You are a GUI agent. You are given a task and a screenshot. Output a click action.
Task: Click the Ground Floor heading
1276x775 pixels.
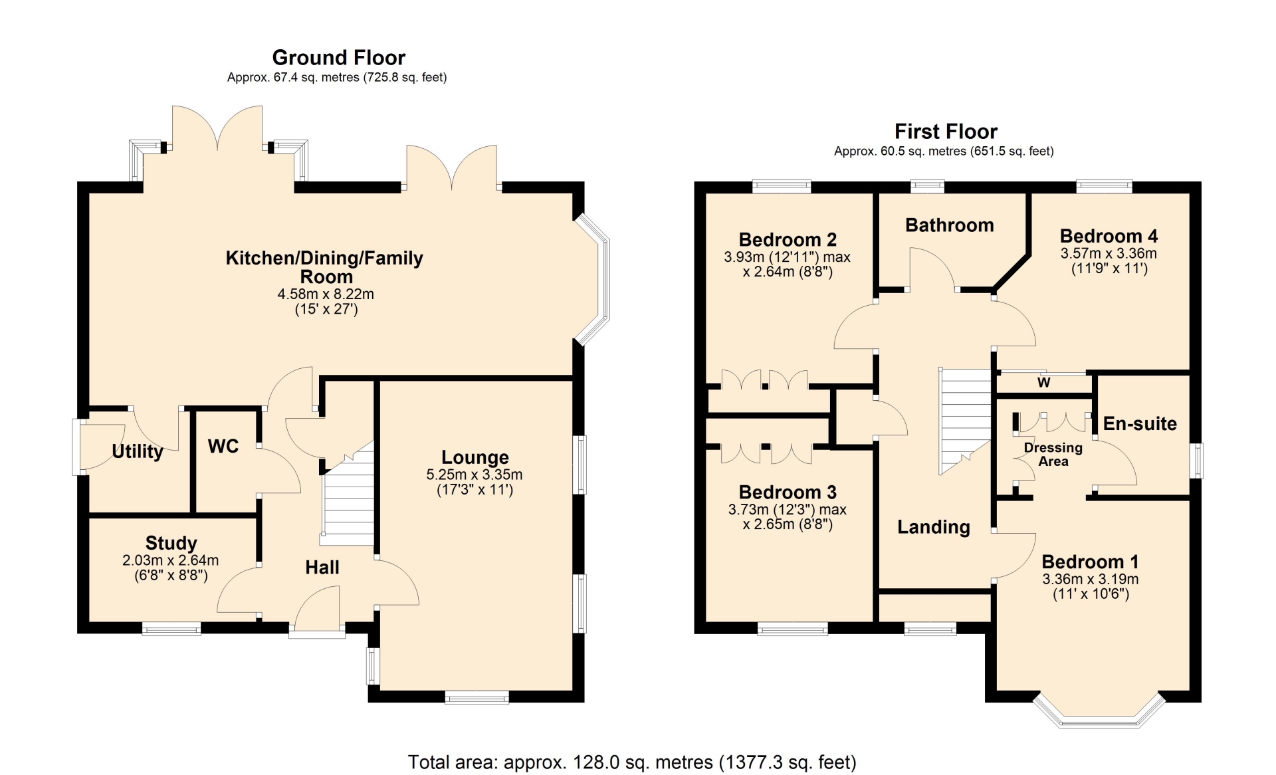(x=338, y=58)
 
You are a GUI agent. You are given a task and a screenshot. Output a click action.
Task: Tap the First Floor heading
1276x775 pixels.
(x=946, y=132)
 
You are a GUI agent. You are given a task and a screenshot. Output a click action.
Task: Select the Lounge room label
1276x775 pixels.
(x=475, y=457)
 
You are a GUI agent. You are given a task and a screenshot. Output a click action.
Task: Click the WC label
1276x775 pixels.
(x=223, y=446)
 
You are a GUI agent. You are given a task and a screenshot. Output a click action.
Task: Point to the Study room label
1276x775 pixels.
(x=171, y=543)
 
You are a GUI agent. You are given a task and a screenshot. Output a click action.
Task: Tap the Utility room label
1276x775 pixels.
(x=138, y=451)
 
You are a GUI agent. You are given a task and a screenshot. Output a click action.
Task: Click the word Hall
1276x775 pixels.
(x=322, y=567)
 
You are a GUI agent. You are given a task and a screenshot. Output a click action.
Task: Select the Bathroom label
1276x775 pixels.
(x=950, y=225)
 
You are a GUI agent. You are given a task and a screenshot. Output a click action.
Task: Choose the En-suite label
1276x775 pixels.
(x=1140, y=423)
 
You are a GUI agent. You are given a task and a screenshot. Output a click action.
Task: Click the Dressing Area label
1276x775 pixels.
(x=1053, y=455)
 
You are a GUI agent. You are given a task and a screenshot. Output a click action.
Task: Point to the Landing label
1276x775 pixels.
(x=934, y=527)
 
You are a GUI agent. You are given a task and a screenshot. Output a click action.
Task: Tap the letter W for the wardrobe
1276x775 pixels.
(x=1044, y=382)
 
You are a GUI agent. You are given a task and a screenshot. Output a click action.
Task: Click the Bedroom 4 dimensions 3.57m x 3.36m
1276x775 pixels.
(x=1109, y=253)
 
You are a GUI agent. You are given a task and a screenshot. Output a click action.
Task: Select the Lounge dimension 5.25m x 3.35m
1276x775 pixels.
(x=475, y=475)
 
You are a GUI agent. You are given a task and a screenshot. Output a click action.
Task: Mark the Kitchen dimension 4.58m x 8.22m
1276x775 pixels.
(x=326, y=294)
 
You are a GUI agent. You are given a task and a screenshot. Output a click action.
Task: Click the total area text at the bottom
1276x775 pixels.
(x=632, y=762)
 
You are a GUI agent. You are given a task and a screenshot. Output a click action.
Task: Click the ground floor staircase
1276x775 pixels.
(x=348, y=493)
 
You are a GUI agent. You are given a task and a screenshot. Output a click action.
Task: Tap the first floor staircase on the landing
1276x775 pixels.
(x=965, y=421)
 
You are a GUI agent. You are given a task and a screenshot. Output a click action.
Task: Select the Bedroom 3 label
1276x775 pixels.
(x=788, y=493)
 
